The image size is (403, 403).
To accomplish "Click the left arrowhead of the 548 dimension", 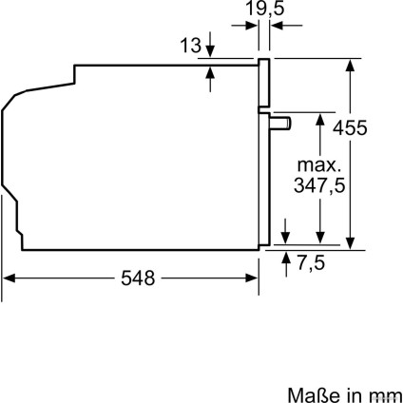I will pos(10,278).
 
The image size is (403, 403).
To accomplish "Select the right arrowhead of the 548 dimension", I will pos(253,278).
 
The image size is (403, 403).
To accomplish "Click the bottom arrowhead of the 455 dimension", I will pos(353,244).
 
